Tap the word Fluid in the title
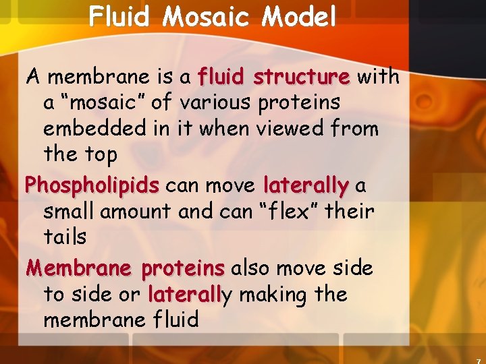119,17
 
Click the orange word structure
302,78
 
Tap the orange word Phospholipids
92,185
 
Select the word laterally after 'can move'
306,185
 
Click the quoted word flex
288,211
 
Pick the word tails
65,237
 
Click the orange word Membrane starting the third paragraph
80,268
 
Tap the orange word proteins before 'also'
183,268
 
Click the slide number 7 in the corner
477,359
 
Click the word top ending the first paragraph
100,154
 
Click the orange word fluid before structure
223,78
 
